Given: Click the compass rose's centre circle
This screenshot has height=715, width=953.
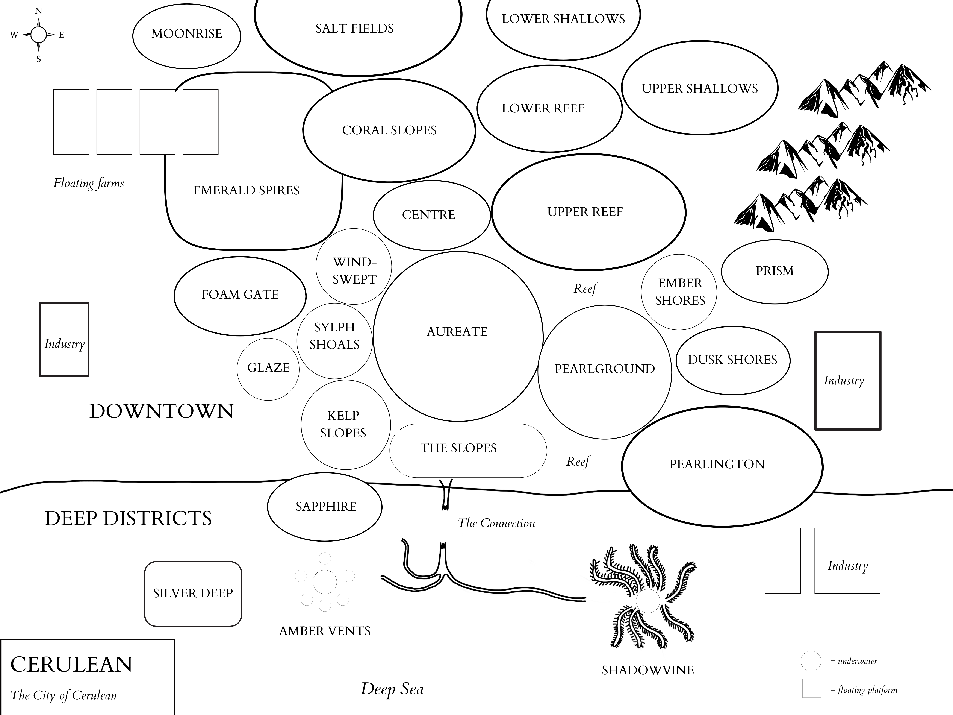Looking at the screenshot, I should tap(38, 35).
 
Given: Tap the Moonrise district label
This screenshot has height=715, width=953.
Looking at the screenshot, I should tap(187, 34).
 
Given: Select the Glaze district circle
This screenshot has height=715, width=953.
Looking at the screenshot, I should tap(268, 369).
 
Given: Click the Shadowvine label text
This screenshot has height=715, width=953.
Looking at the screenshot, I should tap(647, 670).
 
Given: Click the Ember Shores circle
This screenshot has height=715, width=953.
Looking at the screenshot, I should tap(679, 292).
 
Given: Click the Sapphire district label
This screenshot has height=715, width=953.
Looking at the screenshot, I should tap(326, 506).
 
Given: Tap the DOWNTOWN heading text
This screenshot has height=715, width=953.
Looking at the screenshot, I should tap(161, 411).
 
